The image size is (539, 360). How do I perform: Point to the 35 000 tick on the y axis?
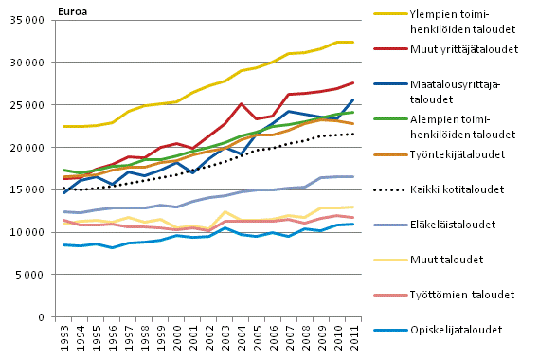37,20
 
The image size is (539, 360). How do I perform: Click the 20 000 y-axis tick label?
37,148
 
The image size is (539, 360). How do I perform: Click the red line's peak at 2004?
242,104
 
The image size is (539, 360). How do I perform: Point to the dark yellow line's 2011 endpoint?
353,43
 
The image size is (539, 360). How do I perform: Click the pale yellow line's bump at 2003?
225,212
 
